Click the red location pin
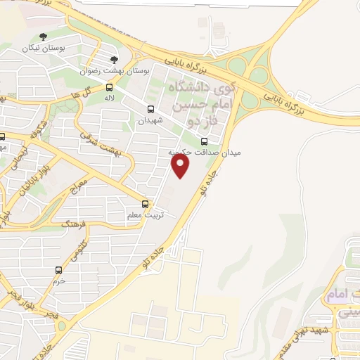click(181, 165)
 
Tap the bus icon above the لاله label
click(109, 87)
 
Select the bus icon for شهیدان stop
click(151, 108)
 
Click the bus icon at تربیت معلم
click(145, 204)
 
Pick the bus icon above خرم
click(58, 269)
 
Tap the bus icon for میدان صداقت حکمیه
click(205, 141)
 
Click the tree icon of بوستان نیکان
click(44, 37)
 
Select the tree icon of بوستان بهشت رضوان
click(115, 60)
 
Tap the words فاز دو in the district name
click(198, 122)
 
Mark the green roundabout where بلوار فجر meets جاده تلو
click(63, 326)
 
